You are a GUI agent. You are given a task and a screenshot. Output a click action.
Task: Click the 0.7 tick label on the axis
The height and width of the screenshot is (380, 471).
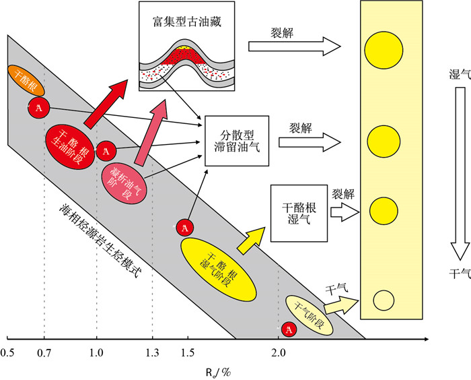click(44, 352)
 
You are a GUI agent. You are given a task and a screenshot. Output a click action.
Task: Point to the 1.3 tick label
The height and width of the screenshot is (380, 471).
click(153, 352)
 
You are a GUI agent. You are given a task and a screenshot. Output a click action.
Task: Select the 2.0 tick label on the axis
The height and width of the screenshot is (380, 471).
click(279, 352)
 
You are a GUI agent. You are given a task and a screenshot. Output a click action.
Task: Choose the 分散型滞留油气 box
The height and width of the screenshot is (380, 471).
click(235, 140)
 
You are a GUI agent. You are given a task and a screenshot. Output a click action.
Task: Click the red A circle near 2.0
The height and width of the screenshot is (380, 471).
click(289, 329)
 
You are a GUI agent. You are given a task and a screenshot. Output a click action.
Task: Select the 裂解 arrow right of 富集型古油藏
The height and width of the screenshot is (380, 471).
click(293, 46)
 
